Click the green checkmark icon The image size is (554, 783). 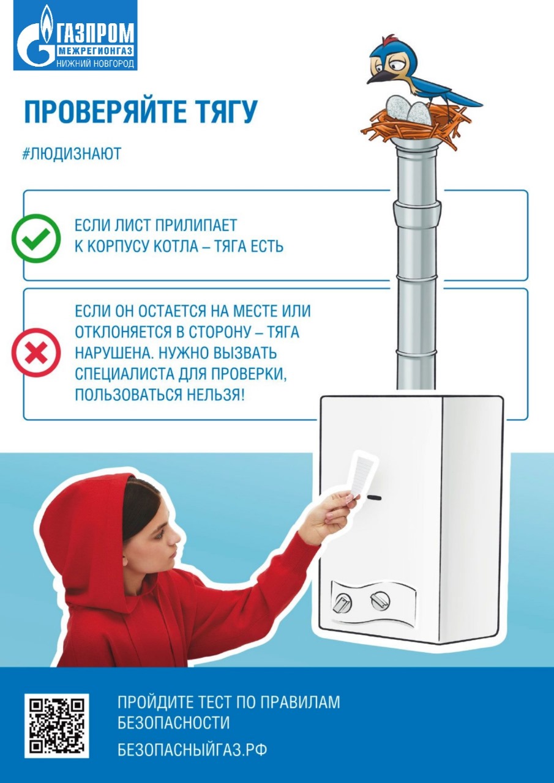pyautogui.click(x=36, y=239)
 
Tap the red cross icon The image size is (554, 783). pyautogui.click(x=36, y=352)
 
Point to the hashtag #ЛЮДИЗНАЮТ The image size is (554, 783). pyautogui.click(x=72, y=154)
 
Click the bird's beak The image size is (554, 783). pyautogui.click(x=379, y=78)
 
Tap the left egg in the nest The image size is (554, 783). pyautogui.click(x=398, y=106)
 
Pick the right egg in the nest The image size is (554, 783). pyautogui.click(x=419, y=113)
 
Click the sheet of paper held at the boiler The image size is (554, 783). pyautogui.click(x=364, y=474)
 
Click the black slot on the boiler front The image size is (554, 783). pyautogui.click(x=374, y=497)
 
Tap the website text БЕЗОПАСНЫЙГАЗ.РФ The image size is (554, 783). pyautogui.click(x=192, y=749)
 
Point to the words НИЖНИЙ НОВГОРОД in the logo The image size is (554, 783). pyautogui.click(x=95, y=64)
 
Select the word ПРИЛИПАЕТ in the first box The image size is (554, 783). pyautogui.click(x=196, y=226)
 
